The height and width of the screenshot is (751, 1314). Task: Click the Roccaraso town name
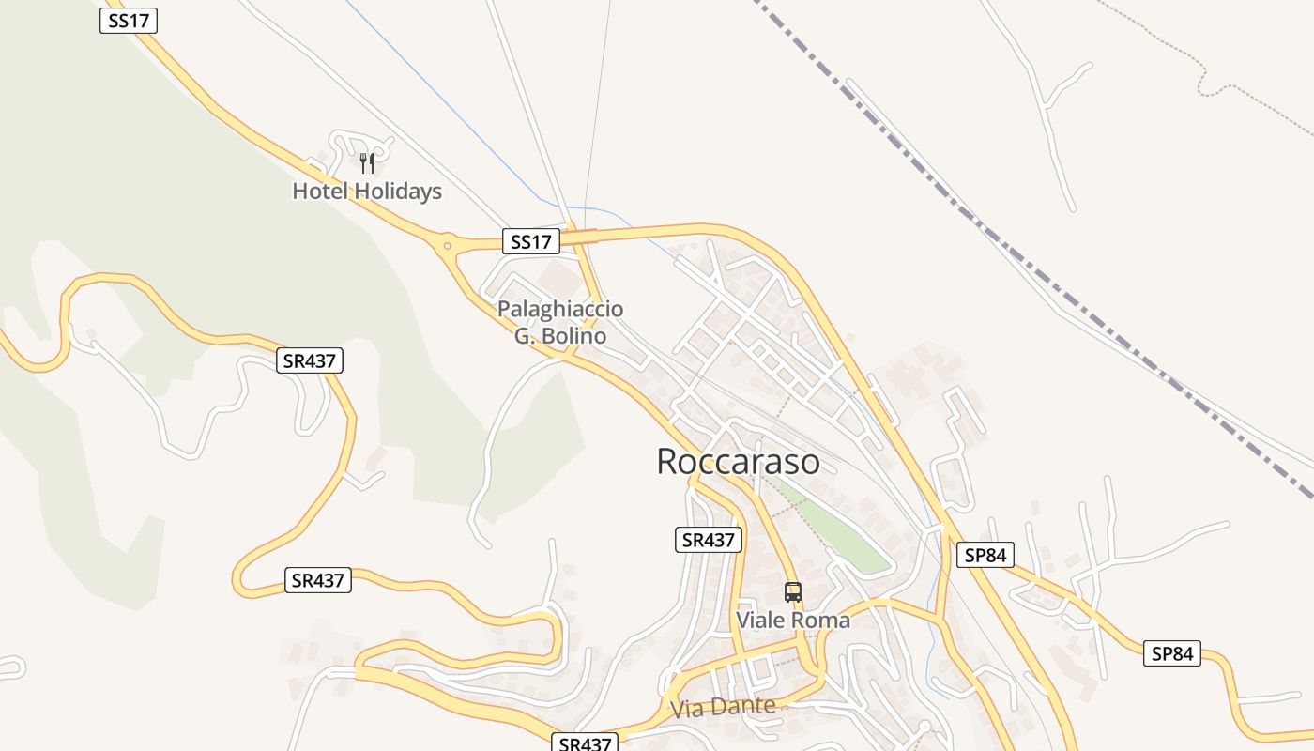point(738,461)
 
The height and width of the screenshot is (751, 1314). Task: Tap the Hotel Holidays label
point(367,192)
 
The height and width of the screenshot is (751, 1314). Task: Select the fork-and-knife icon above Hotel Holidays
point(367,163)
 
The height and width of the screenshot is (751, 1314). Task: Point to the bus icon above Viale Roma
point(793,592)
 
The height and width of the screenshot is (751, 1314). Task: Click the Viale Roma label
point(793,621)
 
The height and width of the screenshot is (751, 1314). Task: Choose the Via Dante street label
point(724,707)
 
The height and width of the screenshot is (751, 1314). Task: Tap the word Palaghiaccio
point(560,309)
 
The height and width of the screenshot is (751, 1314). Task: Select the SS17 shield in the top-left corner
point(129,21)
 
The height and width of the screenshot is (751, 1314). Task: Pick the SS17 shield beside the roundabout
point(531,241)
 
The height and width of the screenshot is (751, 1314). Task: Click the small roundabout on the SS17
point(447,247)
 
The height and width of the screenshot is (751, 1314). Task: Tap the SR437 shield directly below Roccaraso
point(709,540)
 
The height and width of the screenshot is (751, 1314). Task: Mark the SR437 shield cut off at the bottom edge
point(585,743)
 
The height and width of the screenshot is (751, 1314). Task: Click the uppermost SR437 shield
point(311,360)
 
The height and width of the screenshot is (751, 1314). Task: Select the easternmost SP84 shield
point(1172,653)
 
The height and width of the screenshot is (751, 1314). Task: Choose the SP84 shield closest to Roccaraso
point(985,555)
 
